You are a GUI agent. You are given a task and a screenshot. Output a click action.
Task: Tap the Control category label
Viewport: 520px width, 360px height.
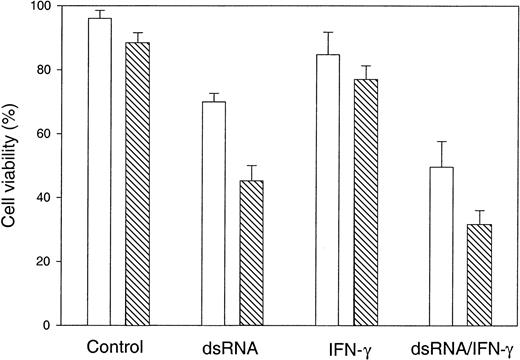pos(117,348)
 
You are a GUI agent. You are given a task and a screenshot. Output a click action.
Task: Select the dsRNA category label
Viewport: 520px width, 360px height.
pos(232,348)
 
